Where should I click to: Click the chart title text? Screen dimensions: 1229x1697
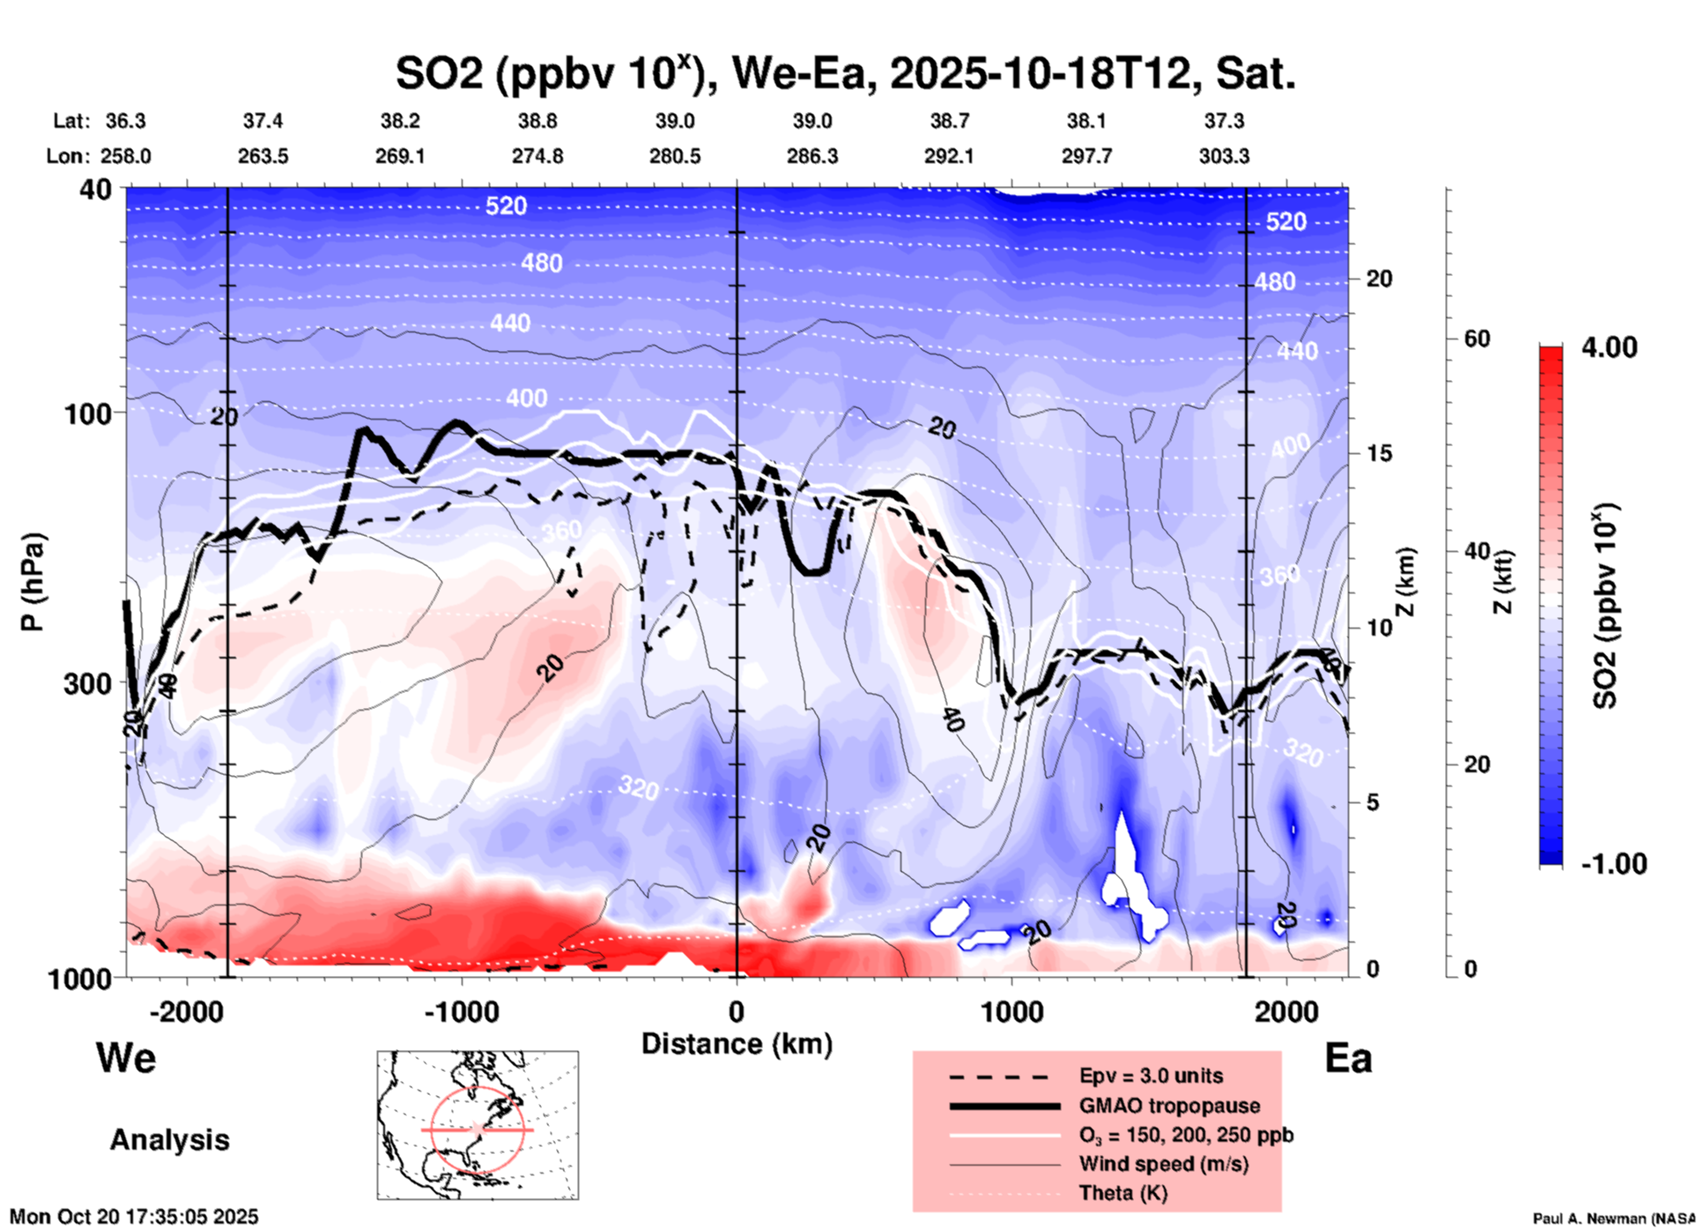coord(845,74)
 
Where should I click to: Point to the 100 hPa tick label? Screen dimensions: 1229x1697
coord(88,413)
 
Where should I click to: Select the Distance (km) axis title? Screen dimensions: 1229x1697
coord(737,1044)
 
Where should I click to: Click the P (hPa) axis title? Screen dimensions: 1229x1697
coord(33,582)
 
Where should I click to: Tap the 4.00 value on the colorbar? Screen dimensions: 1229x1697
coord(1609,347)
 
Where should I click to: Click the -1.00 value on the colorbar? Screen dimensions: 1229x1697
coord(1613,864)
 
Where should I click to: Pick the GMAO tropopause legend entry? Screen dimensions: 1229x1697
coord(1169,1106)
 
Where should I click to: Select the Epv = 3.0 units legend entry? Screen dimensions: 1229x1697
coord(1151,1076)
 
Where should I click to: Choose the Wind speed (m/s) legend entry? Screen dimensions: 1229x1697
coord(1163,1164)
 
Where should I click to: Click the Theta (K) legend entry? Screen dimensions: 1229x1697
coord(1123,1193)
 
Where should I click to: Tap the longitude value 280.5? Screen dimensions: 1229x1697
coord(675,156)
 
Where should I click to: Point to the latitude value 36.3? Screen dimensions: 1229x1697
coord(125,121)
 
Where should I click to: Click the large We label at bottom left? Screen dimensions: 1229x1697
coord(126,1057)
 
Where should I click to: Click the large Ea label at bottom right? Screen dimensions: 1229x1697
coord(1348,1059)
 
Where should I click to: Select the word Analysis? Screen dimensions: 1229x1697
coord(169,1140)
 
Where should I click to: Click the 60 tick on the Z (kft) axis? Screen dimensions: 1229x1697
coord(1477,339)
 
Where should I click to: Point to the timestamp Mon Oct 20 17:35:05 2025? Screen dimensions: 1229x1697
coord(134,1217)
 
